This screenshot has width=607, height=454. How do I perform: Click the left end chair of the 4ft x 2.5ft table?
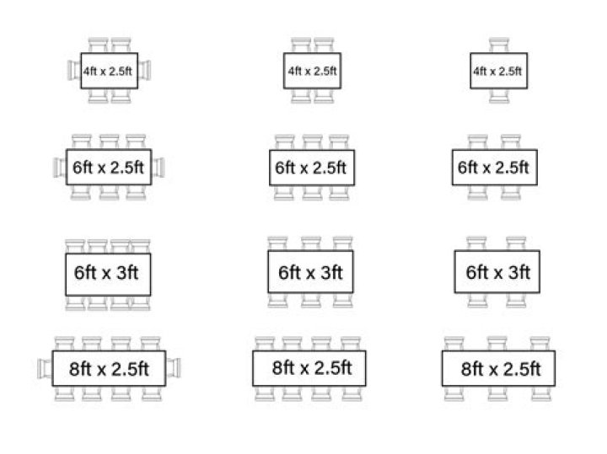tap(74, 71)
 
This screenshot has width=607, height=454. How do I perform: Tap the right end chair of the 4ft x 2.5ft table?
tap(144, 71)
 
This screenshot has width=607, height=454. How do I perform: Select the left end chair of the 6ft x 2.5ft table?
tap(60, 168)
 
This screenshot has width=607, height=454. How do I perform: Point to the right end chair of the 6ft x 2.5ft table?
tap(158, 168)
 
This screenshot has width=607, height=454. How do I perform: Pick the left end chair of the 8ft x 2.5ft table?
tap(45, 369)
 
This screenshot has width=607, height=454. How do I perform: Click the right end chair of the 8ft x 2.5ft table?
tap(174, 369)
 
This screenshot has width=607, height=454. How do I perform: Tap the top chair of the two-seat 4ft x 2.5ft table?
tap(499, 45)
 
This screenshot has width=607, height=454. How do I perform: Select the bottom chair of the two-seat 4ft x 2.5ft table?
tap(499, 96)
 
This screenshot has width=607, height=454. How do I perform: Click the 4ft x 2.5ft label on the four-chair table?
tap(313, 71)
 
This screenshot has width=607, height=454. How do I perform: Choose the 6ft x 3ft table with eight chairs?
tap(108, 275)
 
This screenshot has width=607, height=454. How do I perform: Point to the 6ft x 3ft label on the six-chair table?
tap(310, 273)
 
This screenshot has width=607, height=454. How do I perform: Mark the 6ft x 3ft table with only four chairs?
tap(497, 272)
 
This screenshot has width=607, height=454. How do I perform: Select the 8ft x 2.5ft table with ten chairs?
tap(109, 369)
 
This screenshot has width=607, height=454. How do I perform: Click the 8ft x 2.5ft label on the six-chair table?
tap(501, 369)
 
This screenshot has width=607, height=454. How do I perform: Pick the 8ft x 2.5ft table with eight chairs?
tap(309, 369)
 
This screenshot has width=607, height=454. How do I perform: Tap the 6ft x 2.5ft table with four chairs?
tap(495, 168)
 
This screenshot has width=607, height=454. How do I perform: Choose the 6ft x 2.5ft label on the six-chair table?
tap(310, 168)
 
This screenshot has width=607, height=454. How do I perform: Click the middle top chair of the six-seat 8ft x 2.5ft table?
tap(497, 344)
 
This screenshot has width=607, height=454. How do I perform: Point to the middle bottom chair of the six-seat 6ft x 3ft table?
tap(311, 301)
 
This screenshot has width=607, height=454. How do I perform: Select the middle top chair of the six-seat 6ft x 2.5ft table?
tap(313, 142)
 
